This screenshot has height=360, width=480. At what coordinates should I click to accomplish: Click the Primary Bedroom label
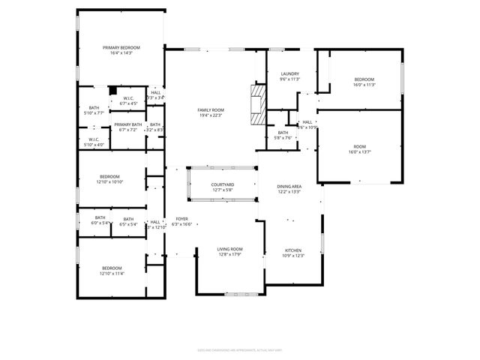pos(121,47)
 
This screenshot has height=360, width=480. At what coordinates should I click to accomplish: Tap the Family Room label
pos(211,110)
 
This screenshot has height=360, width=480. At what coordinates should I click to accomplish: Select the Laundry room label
pos(289,73)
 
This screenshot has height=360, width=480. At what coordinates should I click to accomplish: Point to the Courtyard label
pos(222,184)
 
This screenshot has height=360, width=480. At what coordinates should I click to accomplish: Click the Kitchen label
pos(292,250)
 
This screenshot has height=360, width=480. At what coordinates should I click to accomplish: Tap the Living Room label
pos(230,250)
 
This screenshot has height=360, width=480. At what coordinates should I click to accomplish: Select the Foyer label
pos(181,218)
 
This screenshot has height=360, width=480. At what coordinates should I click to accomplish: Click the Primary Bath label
pos(128,124)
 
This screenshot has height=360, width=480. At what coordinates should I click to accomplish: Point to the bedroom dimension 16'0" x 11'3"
pos(364,85)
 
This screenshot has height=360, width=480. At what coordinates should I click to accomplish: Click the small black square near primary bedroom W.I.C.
pos(112,91)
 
